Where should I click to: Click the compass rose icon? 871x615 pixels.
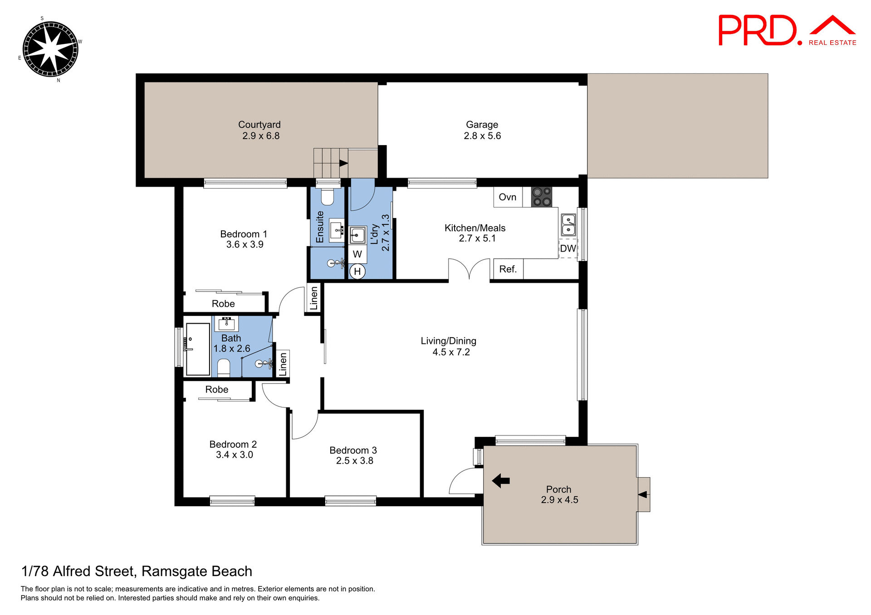point(50,49)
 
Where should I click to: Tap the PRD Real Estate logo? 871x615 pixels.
point(787,31)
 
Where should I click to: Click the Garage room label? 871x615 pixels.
point(482,130)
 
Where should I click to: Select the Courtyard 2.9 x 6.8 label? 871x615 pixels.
point(260,130)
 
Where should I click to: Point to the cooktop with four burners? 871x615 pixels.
point(542,197)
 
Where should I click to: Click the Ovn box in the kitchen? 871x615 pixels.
point(508,197)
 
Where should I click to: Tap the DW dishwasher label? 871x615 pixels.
point(568,248)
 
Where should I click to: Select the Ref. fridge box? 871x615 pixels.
point(508,269)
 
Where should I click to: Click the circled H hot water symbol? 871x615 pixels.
point(357,271)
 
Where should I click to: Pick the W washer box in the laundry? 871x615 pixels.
point(357,254)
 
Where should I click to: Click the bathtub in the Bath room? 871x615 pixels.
point(198,349)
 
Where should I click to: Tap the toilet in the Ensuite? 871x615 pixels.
point(328,197)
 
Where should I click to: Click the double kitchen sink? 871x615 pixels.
point(568,225)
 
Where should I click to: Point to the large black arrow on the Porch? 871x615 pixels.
point(501,480)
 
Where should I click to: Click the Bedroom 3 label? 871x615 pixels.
point(353,455)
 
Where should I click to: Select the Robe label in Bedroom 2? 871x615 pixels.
point(217,390)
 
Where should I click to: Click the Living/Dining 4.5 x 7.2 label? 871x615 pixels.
point(449,346)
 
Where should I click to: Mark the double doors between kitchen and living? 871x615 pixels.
point(469,269)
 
